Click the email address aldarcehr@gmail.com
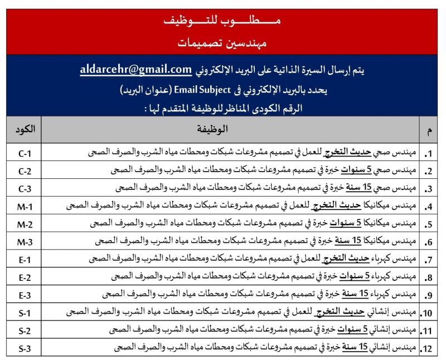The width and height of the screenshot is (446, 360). pyautogui.click(x=136, y=70)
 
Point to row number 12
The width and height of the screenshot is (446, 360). pyautogui.click(x=428, y=349)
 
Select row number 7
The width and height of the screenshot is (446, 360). pyautogui.click(x=429, y=260)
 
